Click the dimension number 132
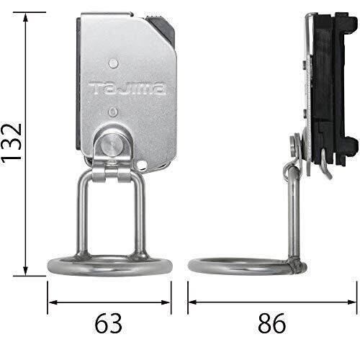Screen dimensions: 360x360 [x=12, y=143]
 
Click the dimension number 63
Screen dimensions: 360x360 [x=109, y=323]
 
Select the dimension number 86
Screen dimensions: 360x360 [x=272, y=323]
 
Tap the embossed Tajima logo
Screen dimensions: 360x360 [x=127, y=89]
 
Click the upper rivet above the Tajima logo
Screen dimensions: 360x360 [x=113, y=63]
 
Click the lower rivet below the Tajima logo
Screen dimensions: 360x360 [x=113, y=112]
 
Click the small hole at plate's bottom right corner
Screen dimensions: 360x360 [x=142, y=164]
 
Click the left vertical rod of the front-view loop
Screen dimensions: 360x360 [x=81, y=216]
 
